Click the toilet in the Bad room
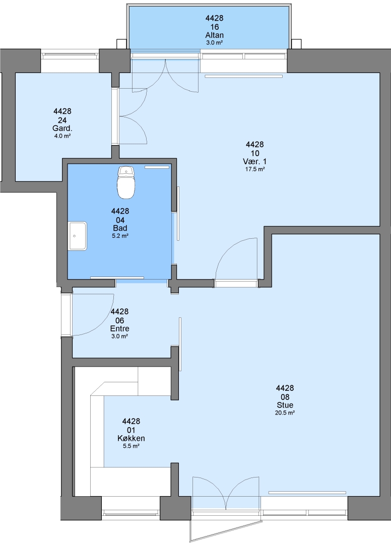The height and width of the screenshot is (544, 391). (125, 182)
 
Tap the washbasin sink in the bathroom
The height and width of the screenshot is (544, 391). (78, 236)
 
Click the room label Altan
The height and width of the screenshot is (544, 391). (215, 35)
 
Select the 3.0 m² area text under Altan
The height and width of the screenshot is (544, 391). (215, 43)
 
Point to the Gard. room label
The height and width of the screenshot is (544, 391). (62, 128)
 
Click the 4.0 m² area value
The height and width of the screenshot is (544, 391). (62, 136)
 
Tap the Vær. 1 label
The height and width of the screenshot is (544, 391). (255, 161)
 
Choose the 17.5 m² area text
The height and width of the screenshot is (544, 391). (255, 169)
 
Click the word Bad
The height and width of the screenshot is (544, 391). (120, 228)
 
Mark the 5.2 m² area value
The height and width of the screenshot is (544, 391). (120, 236)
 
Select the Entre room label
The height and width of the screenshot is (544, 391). (120, 328)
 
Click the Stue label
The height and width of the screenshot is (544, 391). (285, 405)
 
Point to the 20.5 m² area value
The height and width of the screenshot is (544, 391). (285, 413)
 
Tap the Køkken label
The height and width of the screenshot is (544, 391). (131, 438)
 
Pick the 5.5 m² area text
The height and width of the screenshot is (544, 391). (131, 446)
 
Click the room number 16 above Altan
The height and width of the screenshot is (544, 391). (215, 27)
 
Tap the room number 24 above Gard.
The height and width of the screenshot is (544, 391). (62, 120)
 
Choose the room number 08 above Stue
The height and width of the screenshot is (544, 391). (285, 396)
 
